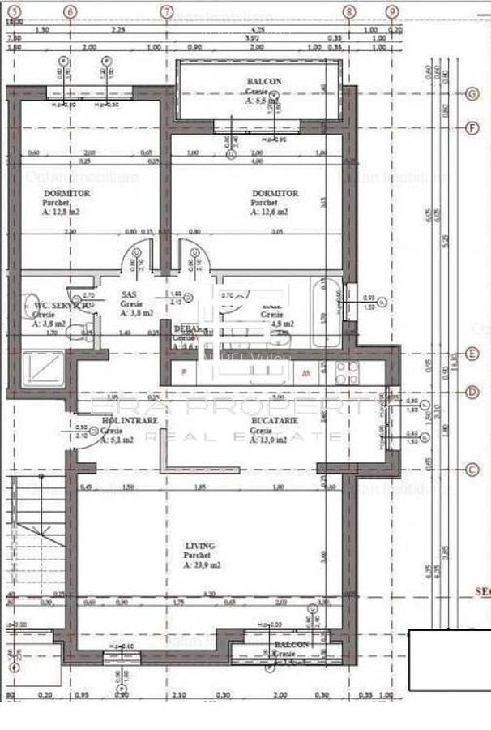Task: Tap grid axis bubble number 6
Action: tap(70, 12)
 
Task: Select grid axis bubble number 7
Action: tap(167, 12)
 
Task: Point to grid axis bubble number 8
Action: tap(349, 12)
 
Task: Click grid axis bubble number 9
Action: tap(392, 12)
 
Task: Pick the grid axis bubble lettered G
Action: tap(471, 93)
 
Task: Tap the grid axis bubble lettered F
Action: tap(471, 128)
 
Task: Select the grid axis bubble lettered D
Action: tap(471, 393)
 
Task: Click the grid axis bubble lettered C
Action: tap(471, 470)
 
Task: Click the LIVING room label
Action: tap(197, 547)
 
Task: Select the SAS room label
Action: tap(128, 295)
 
